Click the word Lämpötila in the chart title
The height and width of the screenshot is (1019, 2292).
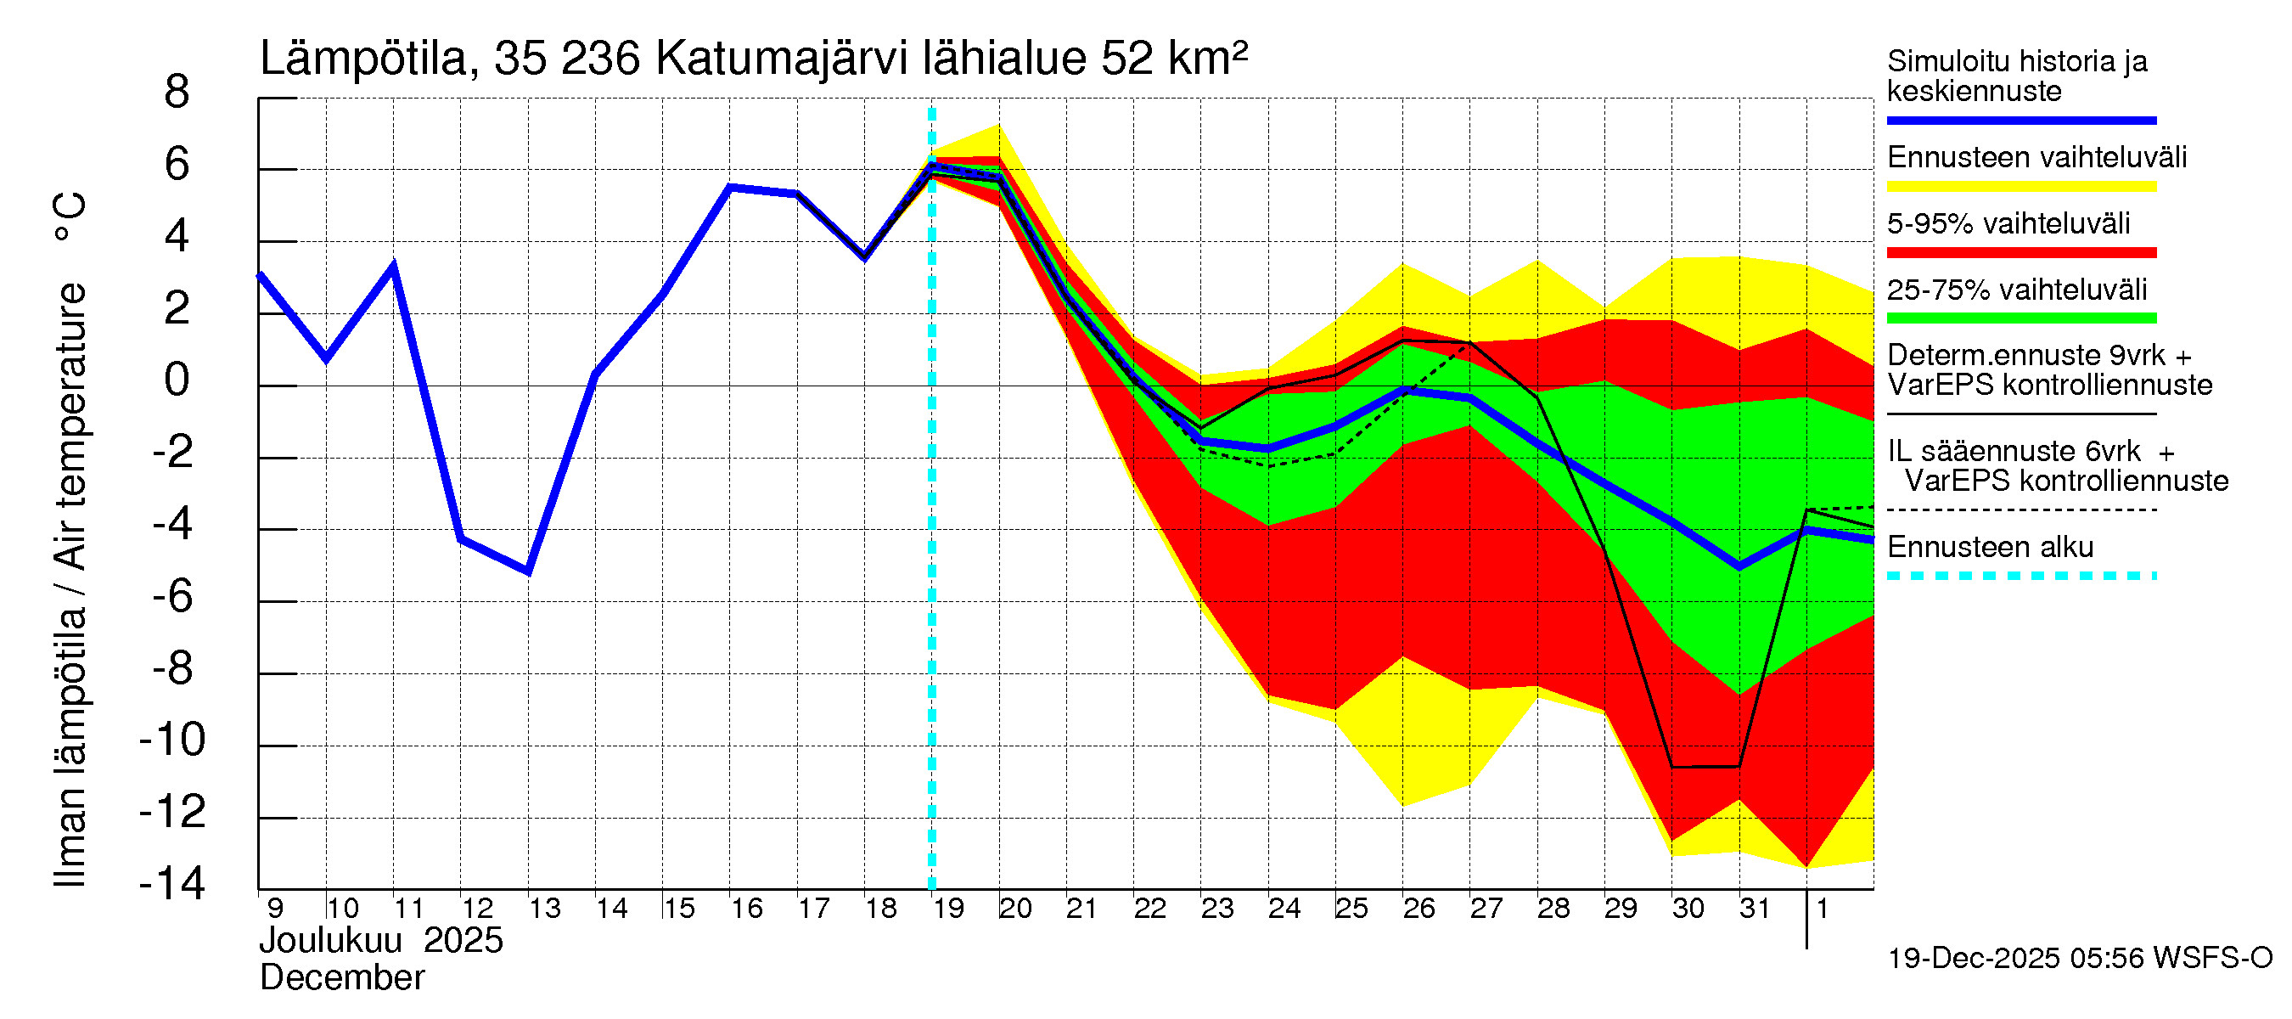(363, 59)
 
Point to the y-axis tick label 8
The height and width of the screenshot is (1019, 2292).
(177, 93)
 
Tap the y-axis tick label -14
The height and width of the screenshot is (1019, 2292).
(172, 884)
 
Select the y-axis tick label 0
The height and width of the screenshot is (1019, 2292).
(177, 380)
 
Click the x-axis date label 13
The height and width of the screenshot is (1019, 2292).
(544, 909)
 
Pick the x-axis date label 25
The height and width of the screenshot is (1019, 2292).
(1351, 909)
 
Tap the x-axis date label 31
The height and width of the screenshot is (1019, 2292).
(1755, 909)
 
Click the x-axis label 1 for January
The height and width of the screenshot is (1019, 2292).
(1823, 909)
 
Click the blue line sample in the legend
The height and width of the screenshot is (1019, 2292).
(2020, 120)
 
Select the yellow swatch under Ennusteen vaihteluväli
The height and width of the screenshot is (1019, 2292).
(2020, 187)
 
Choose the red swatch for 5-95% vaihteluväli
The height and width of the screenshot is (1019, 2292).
(2020, 253)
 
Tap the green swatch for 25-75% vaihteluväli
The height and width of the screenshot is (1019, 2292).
(2020, 318)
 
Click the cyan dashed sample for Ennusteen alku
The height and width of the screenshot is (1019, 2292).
(2020, 576)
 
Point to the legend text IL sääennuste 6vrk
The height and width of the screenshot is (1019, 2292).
(2014, 451)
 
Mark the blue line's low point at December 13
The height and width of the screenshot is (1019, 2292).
(529, 571)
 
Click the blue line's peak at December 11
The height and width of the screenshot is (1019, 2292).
(393, 266)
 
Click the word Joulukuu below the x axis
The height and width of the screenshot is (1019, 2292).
(330, 941)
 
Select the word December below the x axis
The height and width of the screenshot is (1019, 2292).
(341, 978)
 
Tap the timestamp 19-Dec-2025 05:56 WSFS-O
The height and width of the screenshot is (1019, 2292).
(2079, 959)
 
